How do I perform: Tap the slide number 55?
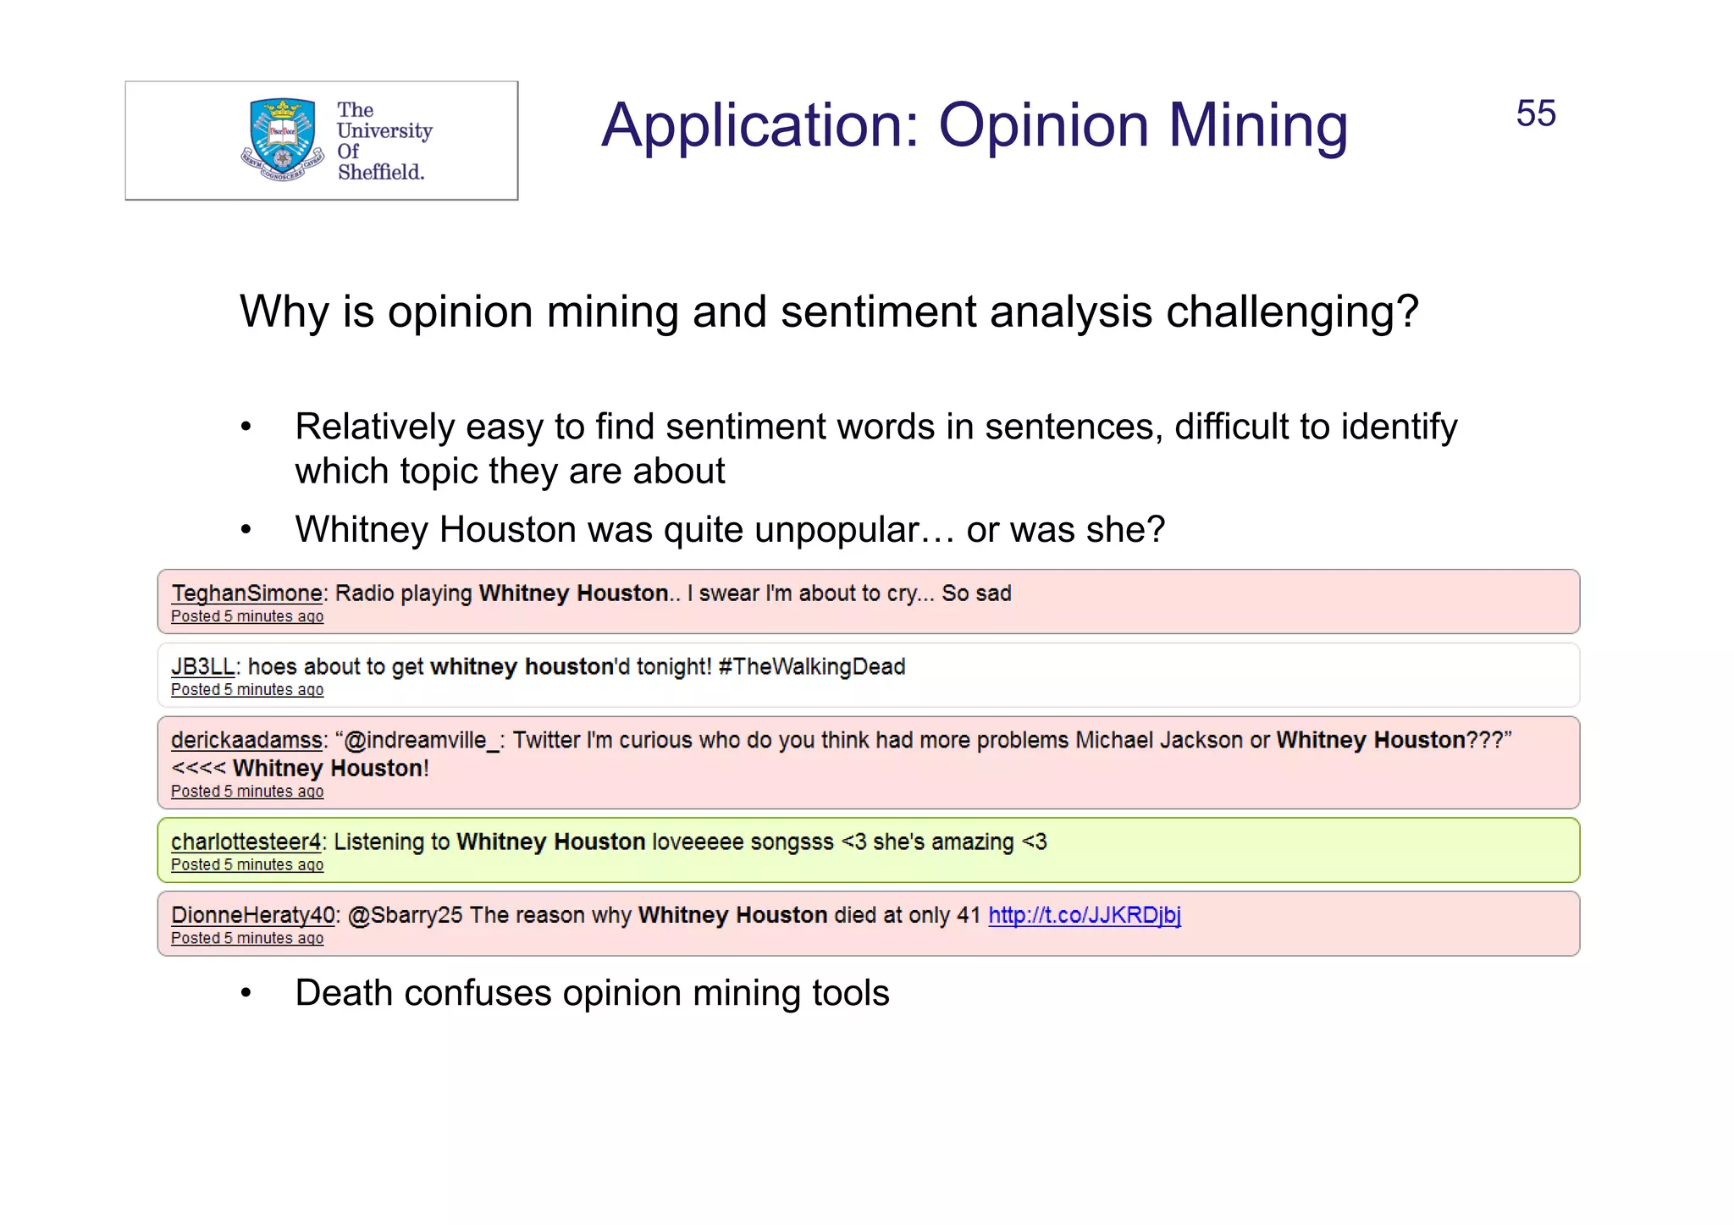[1535, 113]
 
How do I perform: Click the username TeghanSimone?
[246, 593]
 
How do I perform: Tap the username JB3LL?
[202, 667]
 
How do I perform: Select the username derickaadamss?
[246, 741]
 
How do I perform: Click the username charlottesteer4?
[246, 842]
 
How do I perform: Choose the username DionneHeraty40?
[253, 915]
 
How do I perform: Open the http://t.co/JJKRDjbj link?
[1084, 915]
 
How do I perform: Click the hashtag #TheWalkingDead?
[811, 667]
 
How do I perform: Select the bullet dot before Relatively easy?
[246, 427]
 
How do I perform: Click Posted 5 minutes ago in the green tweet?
[247, 865]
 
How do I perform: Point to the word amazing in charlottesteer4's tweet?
[975, 842]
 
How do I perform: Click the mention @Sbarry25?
[405, 915]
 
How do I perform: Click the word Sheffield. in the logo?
[380, 172]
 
